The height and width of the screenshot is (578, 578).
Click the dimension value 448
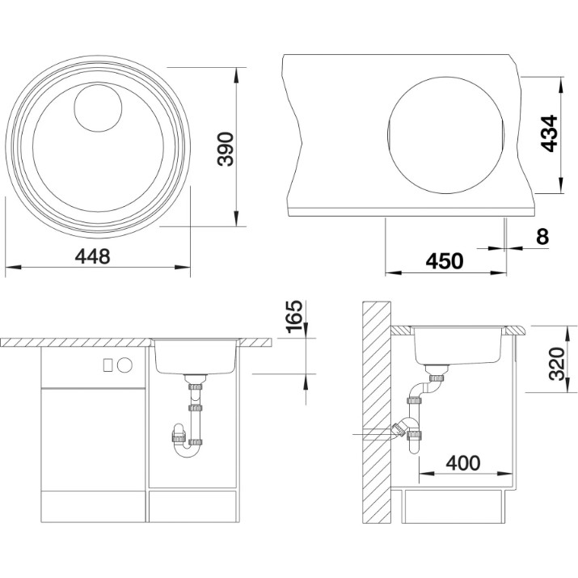click(x=92, y=255)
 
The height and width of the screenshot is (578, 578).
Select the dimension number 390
click(x=226, y=149)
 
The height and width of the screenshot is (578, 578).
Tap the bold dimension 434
click(x=549, y=133)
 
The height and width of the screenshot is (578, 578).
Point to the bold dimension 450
click(x=445, y=261)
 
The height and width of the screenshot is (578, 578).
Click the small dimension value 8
click(x=542, y=236)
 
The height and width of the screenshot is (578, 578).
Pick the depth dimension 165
click(x=294, y=316)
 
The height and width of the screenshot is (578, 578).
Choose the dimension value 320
click(x=557, y=364)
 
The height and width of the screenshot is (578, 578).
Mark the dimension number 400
click(x=463, y=463)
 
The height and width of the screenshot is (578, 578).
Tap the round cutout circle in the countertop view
click(x=446, y=136)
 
